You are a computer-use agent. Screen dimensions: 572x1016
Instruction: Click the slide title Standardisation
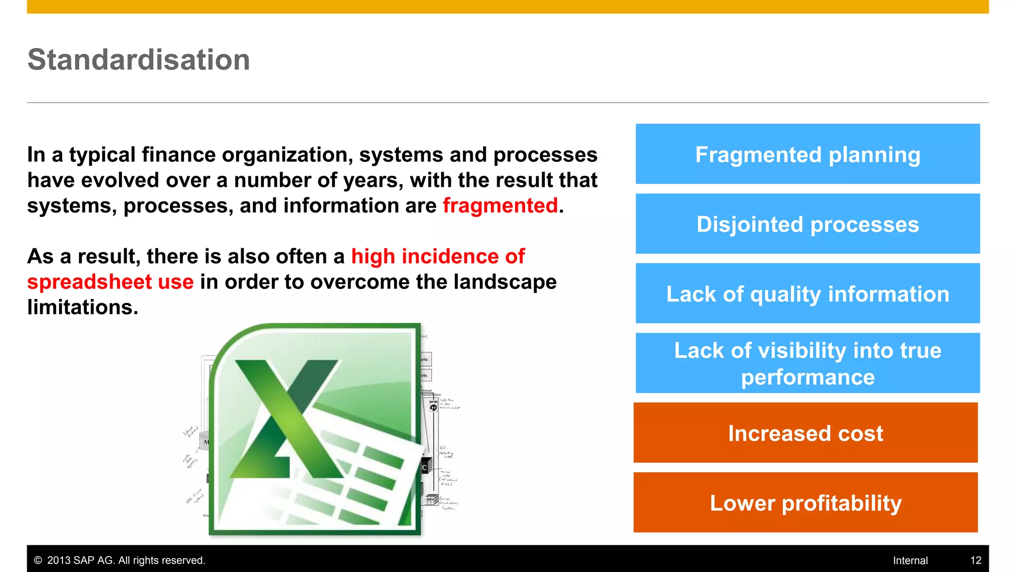tap(138, 60)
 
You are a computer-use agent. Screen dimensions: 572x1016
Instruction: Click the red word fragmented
tap(500, 206)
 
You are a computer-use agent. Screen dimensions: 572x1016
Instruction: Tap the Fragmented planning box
tap(807, 154)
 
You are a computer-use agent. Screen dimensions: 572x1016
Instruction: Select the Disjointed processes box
tap(807, 224)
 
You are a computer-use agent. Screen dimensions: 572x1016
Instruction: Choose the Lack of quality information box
tap(807, 294)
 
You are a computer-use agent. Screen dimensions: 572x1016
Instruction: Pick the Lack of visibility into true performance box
tap(807, 363)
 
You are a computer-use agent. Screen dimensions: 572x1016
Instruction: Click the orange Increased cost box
tap(805, 433)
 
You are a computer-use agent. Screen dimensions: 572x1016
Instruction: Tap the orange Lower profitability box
tap(805, 503)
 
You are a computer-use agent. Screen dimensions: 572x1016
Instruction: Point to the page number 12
tap(975, 561)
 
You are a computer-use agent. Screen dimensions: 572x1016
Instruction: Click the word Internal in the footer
tap(910, 561)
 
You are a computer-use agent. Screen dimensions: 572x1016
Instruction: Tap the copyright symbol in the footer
tap(38, 561)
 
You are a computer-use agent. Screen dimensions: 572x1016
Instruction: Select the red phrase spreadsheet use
tap(110, 282)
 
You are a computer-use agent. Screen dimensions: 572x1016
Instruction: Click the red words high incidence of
tap(438, 257)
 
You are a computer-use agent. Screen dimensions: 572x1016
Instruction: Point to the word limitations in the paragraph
tap(82, 307)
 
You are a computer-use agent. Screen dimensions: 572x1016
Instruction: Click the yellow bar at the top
tap(508, 6)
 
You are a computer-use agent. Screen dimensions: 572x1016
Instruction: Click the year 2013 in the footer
tap(59, 561)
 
